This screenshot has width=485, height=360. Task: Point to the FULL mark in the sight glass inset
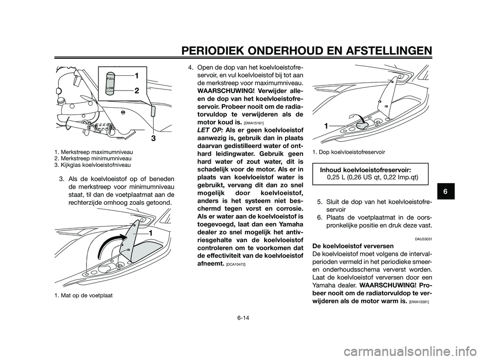click(111, 79)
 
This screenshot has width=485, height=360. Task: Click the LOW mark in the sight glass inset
click(110, 88)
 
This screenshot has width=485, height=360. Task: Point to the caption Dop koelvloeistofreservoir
click(349, 152)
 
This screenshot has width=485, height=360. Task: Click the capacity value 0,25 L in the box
click(336, 177)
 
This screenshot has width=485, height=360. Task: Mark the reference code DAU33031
click(423, 238)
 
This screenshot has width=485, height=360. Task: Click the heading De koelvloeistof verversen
click(348, 245)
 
